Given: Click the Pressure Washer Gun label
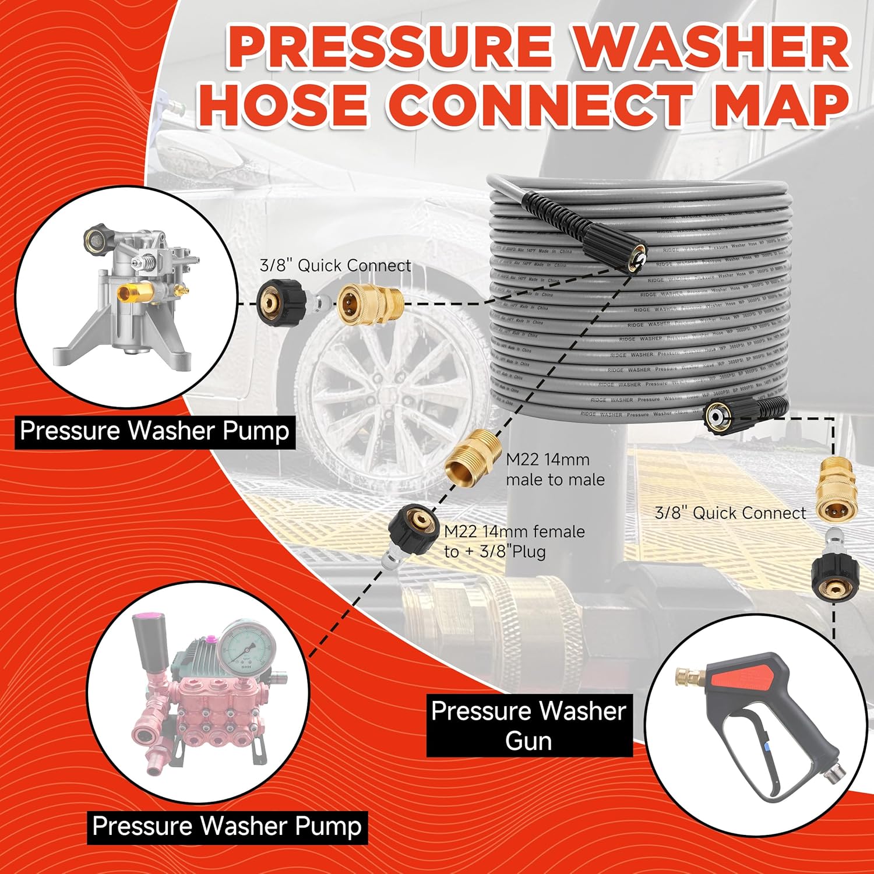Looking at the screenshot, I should pos(529,725).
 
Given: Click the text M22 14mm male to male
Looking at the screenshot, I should pos(555,470).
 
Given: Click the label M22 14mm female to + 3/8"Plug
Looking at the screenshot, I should pos(514,541).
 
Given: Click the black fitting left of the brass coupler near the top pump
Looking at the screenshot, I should pos(282,301).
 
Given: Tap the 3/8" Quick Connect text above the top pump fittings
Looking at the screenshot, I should pos(335,266).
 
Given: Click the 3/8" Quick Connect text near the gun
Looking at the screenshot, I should pos(730,513).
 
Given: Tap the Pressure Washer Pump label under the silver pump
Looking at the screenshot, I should pos(154,431).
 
